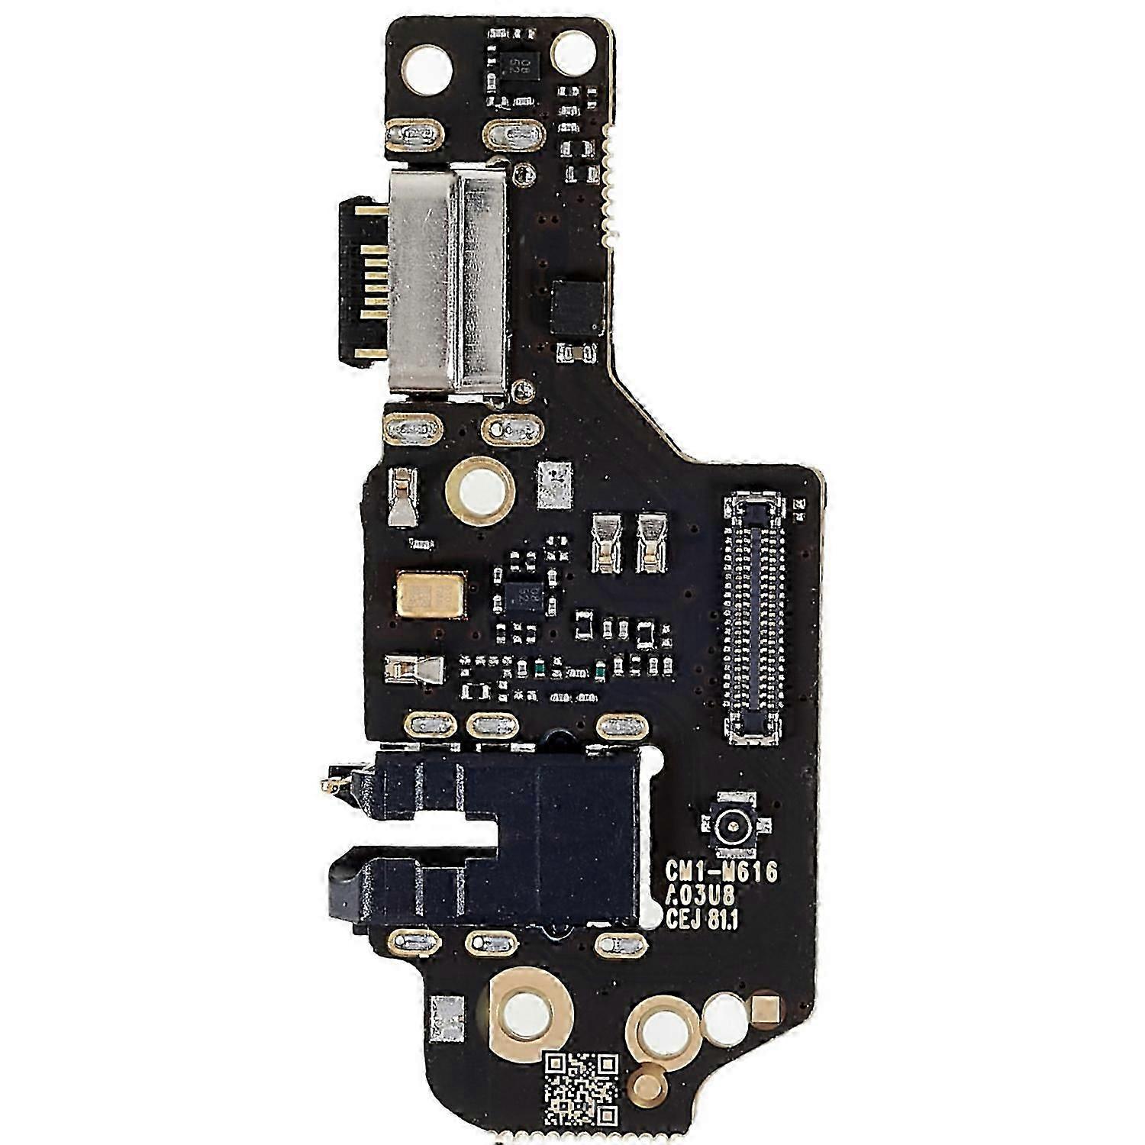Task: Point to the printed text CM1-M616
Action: (721, 872)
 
